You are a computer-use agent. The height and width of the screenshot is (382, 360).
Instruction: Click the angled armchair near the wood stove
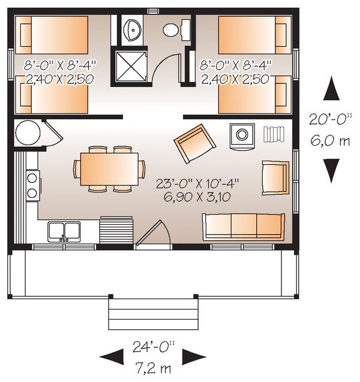pos(194,144)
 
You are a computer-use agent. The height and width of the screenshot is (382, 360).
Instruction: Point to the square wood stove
pos(243,134)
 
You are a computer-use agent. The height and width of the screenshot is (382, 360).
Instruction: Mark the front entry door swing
pos(155,233)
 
